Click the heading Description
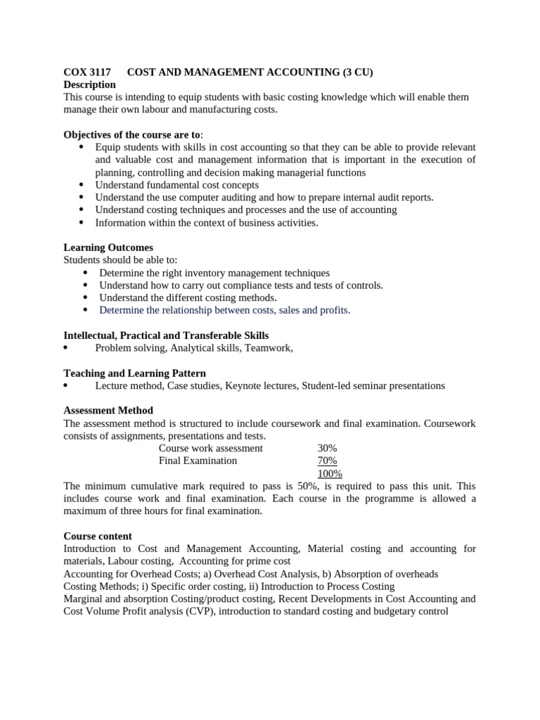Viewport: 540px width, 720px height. tap(89, 84)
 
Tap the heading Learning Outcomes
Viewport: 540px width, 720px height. tap(108, 247)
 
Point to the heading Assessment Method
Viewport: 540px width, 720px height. tap(108, 411)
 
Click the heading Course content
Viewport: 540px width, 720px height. tap(98, 536)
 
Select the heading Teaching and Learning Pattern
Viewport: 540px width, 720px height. tap(134, 373)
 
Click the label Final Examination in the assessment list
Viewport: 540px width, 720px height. tap(198, 461)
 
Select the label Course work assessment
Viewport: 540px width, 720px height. tap(210, 449)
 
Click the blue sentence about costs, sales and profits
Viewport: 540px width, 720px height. tap(224, 310)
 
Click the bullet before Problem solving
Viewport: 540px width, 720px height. tap(66, 348)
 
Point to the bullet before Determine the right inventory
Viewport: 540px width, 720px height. tap(85, 273)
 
